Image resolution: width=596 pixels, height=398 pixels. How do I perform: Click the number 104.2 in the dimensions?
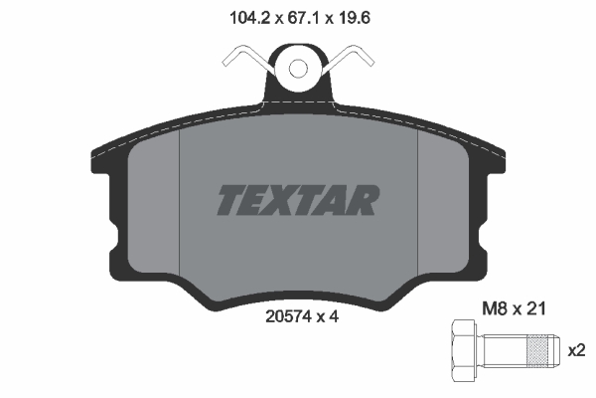click(249, 18)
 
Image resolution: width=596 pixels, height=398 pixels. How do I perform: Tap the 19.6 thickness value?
click(355, 18)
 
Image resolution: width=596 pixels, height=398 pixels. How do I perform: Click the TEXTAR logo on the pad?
click(298, 200)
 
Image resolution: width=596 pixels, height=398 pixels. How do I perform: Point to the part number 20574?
click(288, 316)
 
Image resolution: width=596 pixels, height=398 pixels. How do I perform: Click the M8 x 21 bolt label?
click(514, 308)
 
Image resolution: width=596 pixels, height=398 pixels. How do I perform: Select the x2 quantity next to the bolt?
click(576, 350)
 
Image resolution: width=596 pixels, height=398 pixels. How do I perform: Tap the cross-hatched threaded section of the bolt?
click(539, 350)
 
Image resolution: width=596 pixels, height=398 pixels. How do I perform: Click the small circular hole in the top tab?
click(298, 69)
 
